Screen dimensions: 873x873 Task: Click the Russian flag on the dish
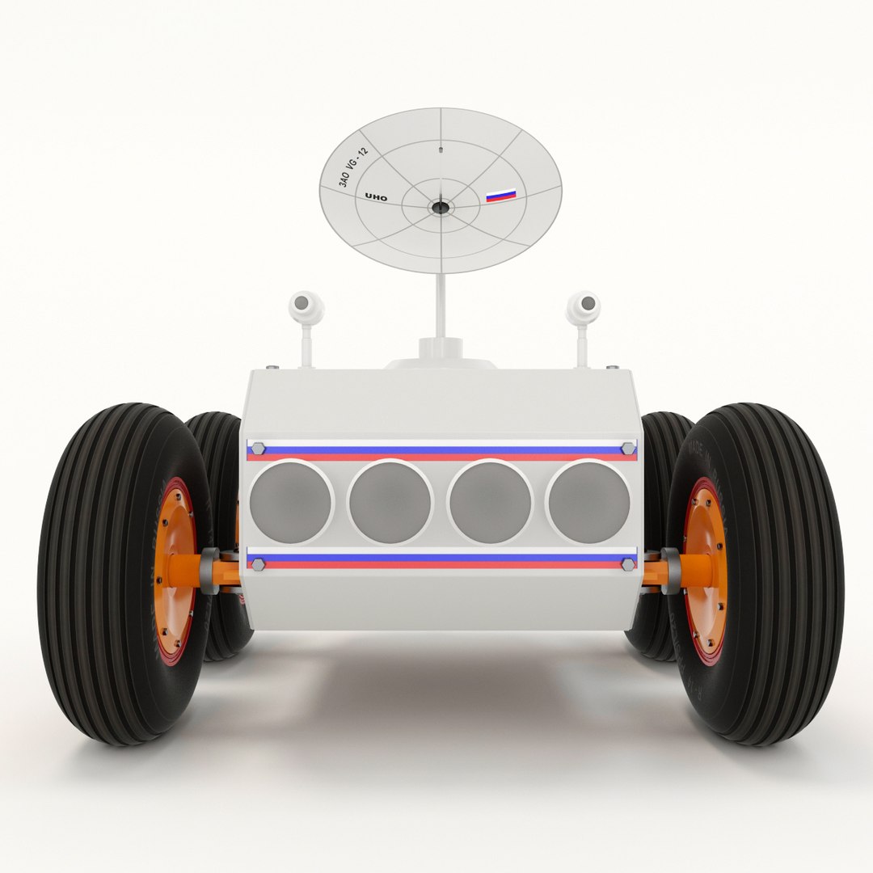pos(500,195)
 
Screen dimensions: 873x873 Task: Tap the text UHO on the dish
pos(376,197)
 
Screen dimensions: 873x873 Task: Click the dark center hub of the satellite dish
pos(440,208)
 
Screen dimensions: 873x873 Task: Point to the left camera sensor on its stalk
pos(305,306)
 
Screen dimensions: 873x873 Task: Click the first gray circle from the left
pos(291,502)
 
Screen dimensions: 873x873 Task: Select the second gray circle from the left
pos(390,502)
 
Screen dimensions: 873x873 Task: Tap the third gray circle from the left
pos(490,502)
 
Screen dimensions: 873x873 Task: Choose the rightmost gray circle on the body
pos(588,502)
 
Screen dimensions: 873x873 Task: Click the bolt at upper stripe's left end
pos(257,449)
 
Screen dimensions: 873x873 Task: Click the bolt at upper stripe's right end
pos(628,449)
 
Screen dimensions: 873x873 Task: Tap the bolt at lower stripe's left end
pos(257,563)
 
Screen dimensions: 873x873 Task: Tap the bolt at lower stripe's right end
pos(628,563)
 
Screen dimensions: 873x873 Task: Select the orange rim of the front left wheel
pos(177,566)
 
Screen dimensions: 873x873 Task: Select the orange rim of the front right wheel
pos(705,566)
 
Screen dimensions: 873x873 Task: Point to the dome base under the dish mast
pos(441,356)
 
